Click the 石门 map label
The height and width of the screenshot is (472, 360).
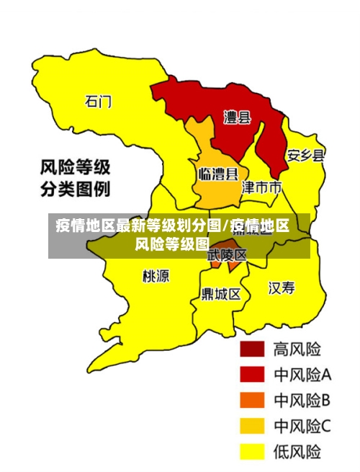pos(99,102)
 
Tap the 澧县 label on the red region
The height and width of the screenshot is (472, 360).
pos(237,117)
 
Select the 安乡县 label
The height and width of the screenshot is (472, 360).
pos(306,155)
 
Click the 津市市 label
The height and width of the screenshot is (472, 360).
pos(261,188)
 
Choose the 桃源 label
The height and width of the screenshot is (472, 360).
pos(156,276)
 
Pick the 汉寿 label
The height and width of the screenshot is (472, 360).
pos(282,288)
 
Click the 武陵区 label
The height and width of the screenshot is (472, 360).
pos(228,254)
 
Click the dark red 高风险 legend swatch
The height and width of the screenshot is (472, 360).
pos(253,349)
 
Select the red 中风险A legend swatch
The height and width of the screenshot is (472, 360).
pos(253,374)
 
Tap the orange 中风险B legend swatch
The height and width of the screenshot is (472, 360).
pos(253,400)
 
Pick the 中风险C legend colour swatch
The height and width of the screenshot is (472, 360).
pos(253,426)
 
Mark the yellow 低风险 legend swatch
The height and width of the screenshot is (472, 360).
pos(253,452)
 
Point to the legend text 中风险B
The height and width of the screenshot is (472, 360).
pos(302,400)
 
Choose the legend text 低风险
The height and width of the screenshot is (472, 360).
pos(297,452)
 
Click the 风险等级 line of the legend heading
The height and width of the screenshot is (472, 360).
pos(74,168)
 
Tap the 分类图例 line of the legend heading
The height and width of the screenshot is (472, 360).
pos(74,190)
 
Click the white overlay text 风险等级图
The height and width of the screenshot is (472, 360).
pos(171,244)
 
